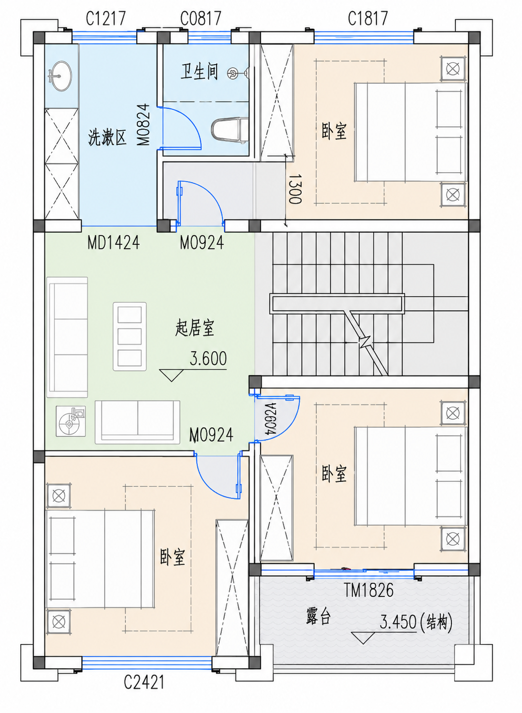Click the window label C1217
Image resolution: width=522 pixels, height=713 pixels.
click(106, 18)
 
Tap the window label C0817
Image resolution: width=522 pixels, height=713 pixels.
click(200, 18)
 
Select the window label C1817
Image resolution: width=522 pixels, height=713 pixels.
click(368, 18)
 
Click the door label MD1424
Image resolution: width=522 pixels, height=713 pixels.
click(114, 243)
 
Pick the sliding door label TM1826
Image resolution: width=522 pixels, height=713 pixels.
click(369, 590)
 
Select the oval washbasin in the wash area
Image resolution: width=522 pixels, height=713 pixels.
click(60, 76)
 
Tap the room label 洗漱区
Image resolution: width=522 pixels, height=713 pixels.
click(107, 138)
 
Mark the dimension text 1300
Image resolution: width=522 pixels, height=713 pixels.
click(294, 189)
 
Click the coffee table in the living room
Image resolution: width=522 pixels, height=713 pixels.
click(129, 337)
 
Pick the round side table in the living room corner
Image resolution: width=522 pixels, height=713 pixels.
click(71, 421)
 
